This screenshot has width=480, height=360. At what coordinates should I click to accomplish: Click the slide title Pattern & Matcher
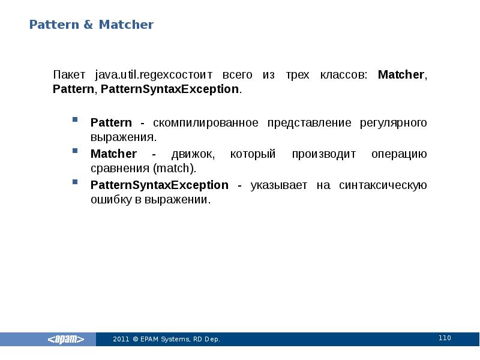[92, 25]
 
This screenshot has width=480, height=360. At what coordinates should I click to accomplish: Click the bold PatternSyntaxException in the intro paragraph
[170, 89]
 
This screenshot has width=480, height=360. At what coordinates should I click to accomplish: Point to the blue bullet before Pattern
[76, 119]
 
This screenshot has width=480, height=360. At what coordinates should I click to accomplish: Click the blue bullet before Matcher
[76, 151]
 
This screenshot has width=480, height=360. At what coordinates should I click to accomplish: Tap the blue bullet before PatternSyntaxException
[76, 182]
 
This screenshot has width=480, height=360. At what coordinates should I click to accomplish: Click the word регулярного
[394, 123]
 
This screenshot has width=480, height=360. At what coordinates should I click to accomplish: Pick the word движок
[194, 154]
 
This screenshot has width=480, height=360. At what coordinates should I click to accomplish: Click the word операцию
[399, 154]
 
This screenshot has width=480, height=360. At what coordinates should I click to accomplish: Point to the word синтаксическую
[383, 185]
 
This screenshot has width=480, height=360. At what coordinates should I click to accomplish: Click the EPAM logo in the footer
[66, 340]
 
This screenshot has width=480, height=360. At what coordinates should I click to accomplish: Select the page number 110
[445, 338]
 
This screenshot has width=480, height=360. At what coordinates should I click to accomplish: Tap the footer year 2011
[121, 340]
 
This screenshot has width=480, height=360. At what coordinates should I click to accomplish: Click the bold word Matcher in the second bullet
[113, 154]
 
